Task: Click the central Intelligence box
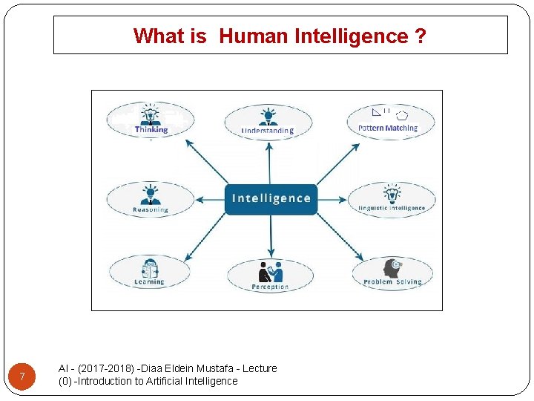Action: [271, 198]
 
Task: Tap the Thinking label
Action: [151, 130]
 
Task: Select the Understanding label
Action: [268, 131]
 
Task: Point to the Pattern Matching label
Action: [388, 128]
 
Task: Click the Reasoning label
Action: [151, 210]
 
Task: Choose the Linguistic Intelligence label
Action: [392, 209]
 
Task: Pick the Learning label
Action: [149, 282]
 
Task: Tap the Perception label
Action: [270, 287]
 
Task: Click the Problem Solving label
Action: [392, 282]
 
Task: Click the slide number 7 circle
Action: [23, 377]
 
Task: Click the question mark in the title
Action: [421, 36]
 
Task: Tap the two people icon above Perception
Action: [271, 272]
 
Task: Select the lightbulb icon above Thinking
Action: [151, 114]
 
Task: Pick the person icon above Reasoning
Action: [151, 193]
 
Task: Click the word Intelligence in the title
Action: [352, 36]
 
